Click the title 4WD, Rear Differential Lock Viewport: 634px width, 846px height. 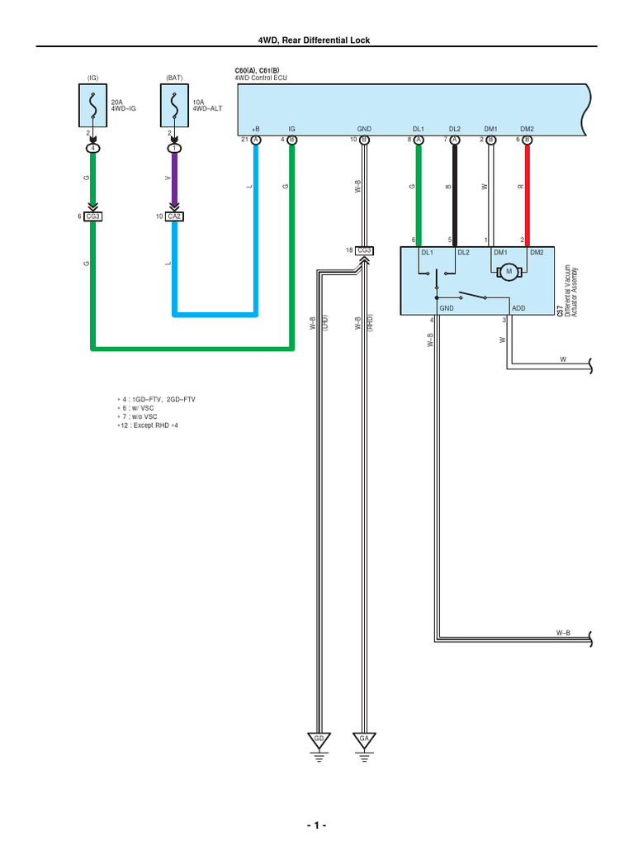click(316, 40)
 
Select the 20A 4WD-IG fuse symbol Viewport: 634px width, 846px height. click(93, 107)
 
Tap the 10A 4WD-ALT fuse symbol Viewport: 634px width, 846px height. click(174, 107)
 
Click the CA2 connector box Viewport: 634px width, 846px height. click(174, 216)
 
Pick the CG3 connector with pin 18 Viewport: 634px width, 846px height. click(364, 250)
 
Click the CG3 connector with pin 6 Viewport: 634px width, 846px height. click(93, 216)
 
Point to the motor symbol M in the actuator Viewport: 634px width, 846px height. click(509, 271)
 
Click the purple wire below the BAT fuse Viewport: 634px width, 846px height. click(174, 182)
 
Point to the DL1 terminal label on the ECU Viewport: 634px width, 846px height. click(418, 130)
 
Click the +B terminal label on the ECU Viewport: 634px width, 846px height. click(255, 130)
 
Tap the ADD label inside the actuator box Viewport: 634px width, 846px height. click(518, 307)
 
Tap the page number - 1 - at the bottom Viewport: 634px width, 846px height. click(316, 825)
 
